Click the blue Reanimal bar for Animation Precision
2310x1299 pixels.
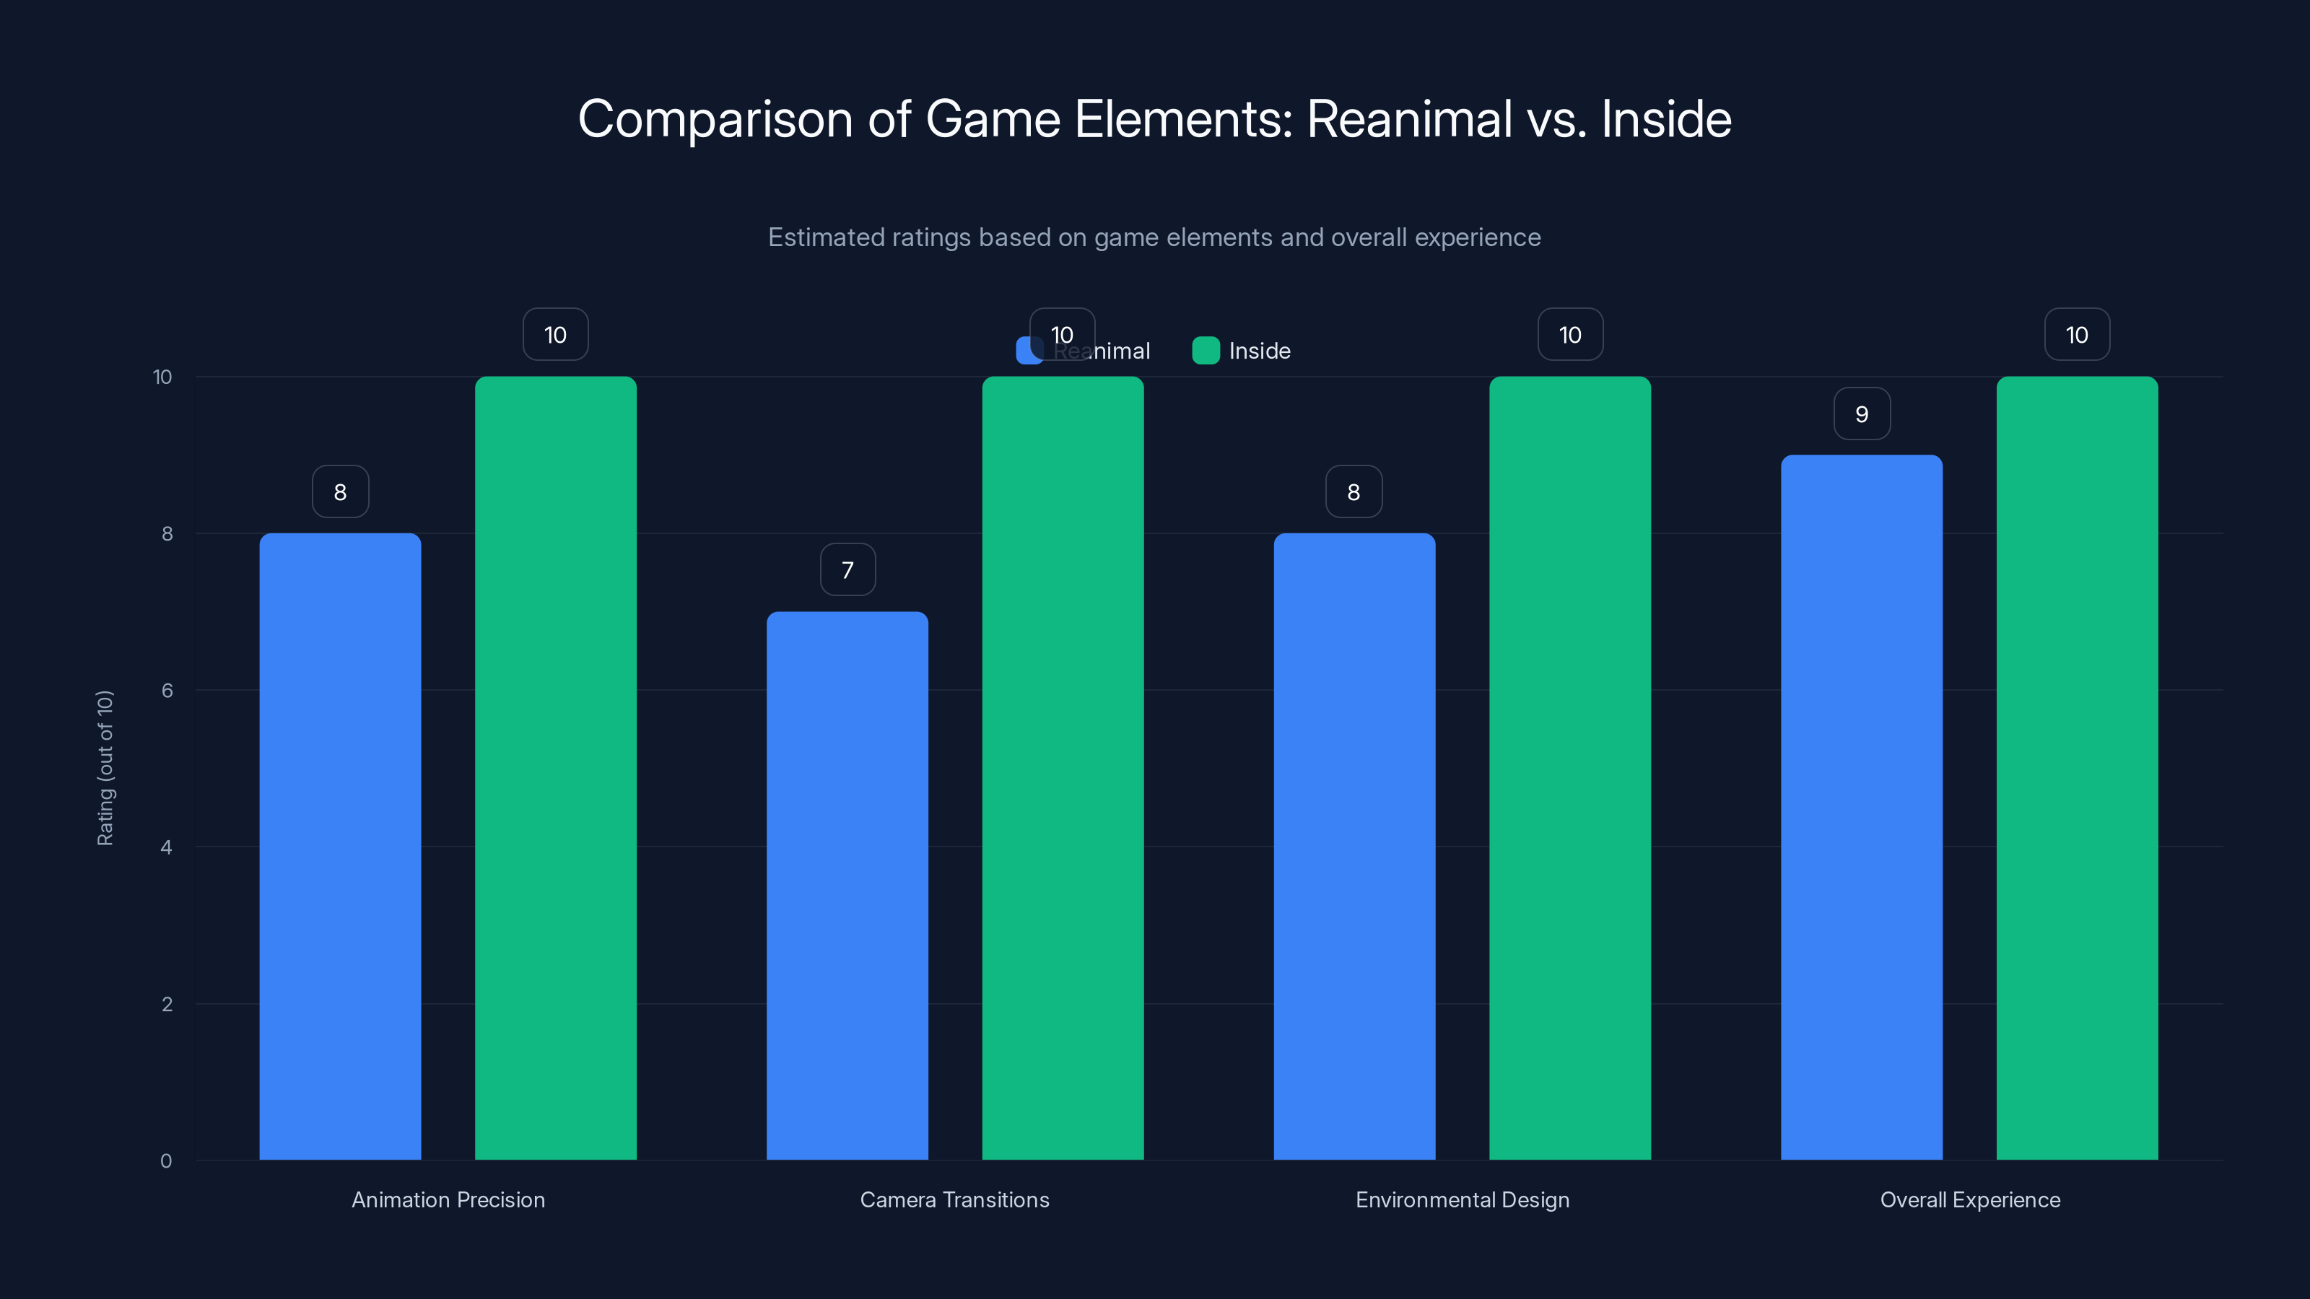pyautogui.click(x=340, y=847)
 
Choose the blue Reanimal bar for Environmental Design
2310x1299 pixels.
pyautogui.click(x=1354, y=847)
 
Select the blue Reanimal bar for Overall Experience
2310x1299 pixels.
pyautogui.click(x=1862, y=807)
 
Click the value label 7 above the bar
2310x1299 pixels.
pyautogui.click(x=847, y=570)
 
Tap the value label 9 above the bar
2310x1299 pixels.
pyautogui.click(x=1862, y=414)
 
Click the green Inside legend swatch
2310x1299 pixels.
pyautogui.click(x=1206, y=351)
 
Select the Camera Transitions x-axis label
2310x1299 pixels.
pyautogui.click(x=954, y=1199)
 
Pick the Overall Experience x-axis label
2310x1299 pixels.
pyautogui.click(x=1969, y=1199)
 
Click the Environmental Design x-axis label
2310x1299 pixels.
pyautogui.click(x=1462, y=1199)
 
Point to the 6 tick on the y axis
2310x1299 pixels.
pyautogui.click(x=167, y=691)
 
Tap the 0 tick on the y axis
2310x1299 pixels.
pyautogui.click(x=166, y=1161)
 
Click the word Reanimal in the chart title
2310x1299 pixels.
pyautogui.click(x=1410, y=119)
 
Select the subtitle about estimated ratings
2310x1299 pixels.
pyautogui.click(x=1154, y=237)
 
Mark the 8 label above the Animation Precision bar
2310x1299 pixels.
pyautogui.click(x=340, y=492)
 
